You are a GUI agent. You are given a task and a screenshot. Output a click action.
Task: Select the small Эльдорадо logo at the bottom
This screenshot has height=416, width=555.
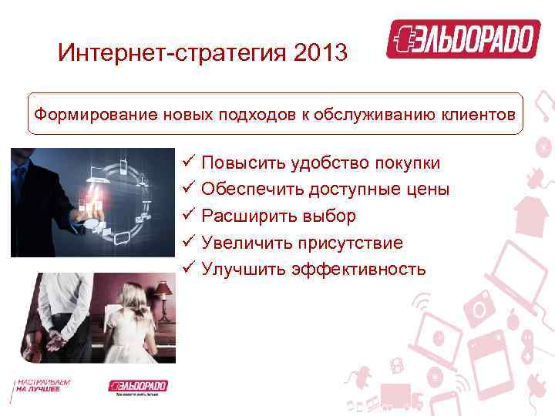tap(138, 386)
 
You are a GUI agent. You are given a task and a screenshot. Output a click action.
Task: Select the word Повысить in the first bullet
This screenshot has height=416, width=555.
tap(235, 163)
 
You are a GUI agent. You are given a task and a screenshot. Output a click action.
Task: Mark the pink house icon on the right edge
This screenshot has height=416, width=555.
tap(531, 213)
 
